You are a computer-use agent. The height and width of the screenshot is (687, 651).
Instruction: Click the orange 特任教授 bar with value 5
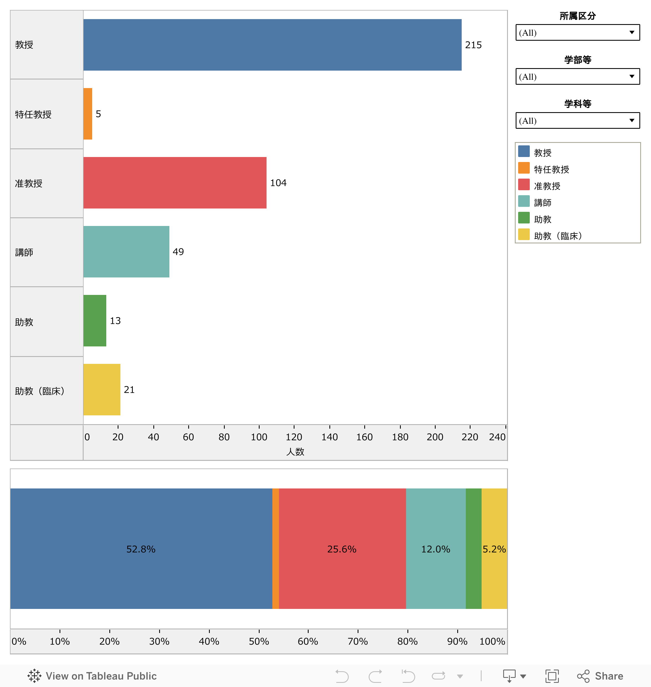(x=88, y=114)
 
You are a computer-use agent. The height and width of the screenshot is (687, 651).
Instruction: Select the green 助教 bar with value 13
(x=95, y=320)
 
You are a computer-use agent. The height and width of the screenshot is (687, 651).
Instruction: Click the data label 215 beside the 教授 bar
(x=473, y=45)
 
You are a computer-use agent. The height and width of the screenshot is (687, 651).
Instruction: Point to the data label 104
(x=278, y=183)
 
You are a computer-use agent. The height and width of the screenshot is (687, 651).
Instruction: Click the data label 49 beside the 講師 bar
(x=178, y=252)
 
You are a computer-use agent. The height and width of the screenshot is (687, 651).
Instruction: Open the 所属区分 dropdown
(x=577, y=33)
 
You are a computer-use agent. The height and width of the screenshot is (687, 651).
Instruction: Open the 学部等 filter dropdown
(x=577, y=76)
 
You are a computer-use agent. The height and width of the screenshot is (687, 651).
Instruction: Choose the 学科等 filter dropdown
(x=577, y=120)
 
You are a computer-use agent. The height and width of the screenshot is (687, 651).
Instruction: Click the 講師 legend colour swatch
(x=524, y=201)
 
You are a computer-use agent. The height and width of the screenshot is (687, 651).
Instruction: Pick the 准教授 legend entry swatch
(x=524, y=185)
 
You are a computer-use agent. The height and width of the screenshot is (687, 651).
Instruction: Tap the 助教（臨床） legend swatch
(x=524, y=234)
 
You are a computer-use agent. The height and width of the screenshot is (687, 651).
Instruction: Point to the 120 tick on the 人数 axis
(x=294, y=437)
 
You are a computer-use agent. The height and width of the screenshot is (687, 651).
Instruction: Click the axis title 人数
(x=295, y=452)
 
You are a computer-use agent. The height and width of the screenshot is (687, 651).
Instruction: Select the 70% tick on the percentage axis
(x=358, y=641)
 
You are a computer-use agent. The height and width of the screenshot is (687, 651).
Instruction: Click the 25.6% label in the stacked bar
(x=342, y=549)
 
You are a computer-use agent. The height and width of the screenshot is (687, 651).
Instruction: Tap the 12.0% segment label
(x=435, y=549)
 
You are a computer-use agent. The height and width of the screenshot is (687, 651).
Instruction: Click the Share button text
(x=609, y=676)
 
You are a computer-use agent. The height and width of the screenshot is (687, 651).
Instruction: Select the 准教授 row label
(x=29, y=183)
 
